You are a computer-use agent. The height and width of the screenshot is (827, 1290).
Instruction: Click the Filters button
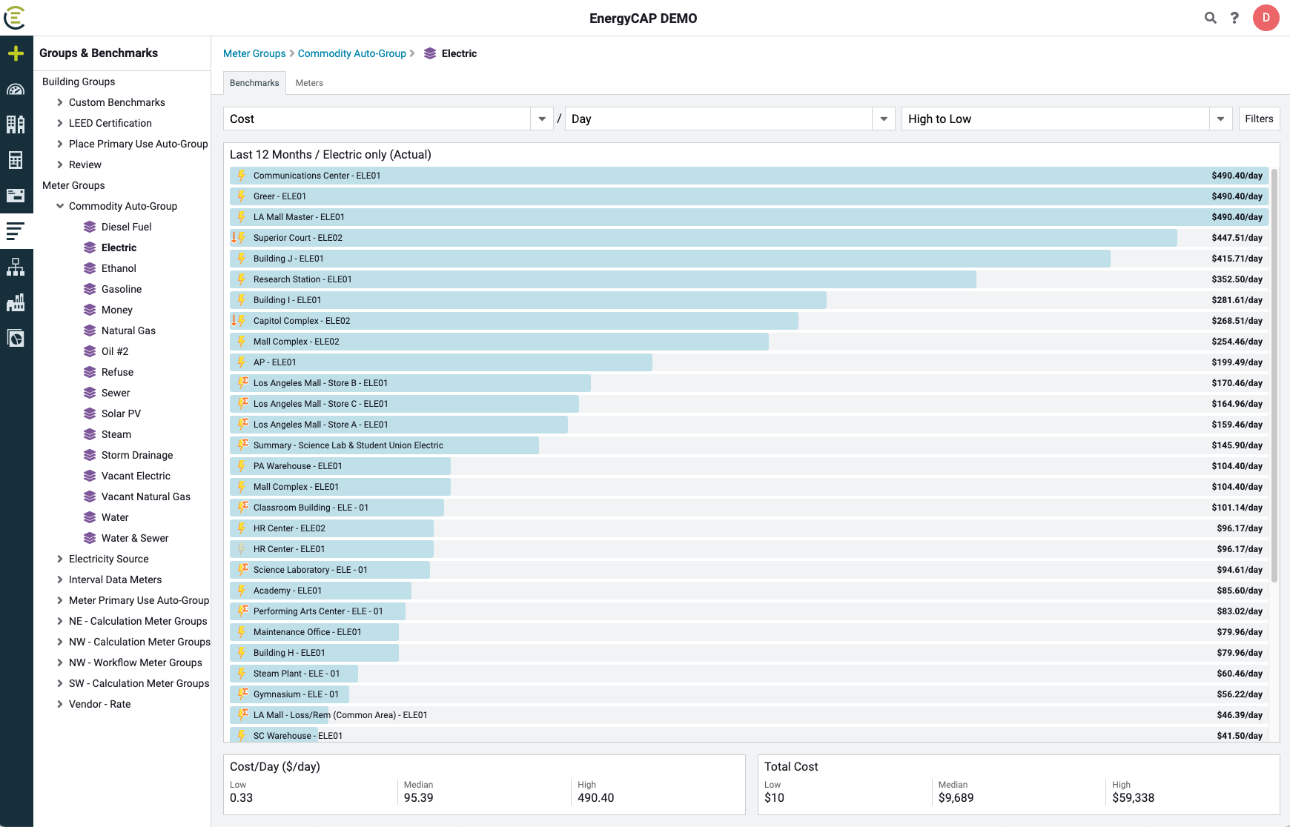(x=1258, y=119)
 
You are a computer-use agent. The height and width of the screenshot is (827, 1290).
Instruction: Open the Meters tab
(x=309, y=83)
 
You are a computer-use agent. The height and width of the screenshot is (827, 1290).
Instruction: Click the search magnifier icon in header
(x=1210, y=18)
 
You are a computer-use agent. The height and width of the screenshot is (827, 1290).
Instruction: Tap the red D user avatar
(x=1266, y=18)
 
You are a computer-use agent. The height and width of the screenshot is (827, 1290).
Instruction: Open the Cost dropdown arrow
(x=542, y=119)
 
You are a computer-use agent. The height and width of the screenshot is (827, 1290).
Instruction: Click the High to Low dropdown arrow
(x=1220, y=119)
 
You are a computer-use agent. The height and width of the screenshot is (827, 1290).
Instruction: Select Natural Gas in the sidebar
(x=128, y=331)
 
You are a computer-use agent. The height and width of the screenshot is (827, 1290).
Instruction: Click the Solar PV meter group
(x=121, y=413)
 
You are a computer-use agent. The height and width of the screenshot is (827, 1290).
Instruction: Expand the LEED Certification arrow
(x=60, y=123)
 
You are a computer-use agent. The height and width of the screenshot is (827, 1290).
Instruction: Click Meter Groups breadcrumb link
(x=254, y=53)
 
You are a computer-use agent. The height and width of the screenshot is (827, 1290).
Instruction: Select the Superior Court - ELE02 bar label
(x=297, y=238)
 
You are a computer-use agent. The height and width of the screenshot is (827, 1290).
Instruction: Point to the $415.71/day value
(x=1237, y=259)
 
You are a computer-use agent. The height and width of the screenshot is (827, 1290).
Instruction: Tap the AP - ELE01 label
(x=274, y=362)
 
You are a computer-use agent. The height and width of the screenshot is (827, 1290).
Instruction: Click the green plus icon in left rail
(x=16, y=53)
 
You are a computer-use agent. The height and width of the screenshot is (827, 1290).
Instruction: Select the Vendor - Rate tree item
(x=99, y=704)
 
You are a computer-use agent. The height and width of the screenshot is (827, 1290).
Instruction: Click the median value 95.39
(x=418, y=797)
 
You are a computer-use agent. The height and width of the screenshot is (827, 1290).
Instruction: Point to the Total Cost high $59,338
(x=1133, y=797)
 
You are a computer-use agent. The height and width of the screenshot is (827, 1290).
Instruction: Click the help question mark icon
(x=1234, y=18)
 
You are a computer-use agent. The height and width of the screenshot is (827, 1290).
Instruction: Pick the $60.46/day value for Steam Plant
(x=1239, y=674)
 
